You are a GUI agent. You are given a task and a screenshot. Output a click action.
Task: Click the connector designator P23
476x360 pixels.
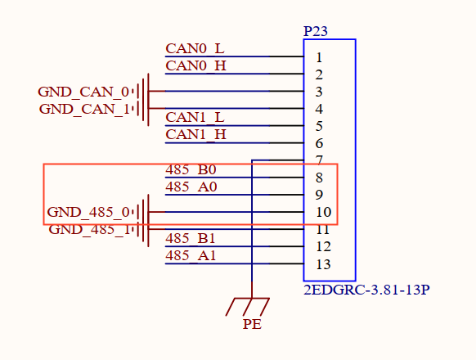[x=316, y=31]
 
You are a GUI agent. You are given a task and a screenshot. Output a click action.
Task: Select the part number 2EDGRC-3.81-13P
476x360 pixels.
[x=366, y=290]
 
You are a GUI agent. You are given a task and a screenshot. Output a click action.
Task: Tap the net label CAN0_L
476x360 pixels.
[x=195, y=48]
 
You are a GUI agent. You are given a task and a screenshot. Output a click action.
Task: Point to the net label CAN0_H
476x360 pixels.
[x=195, y=65]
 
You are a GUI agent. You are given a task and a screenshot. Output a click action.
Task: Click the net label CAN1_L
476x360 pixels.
[x=195, y=118]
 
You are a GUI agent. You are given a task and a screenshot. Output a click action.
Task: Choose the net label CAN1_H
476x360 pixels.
[x=195, y=134]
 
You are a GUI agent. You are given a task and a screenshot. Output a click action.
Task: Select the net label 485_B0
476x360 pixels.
[x=191, y=169]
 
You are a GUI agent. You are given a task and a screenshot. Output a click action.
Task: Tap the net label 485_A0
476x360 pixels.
[x=191, y=187]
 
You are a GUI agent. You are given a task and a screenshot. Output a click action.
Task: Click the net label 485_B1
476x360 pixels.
[x=191, y=238]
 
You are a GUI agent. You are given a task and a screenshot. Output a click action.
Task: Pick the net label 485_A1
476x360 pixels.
[x=191, y=255]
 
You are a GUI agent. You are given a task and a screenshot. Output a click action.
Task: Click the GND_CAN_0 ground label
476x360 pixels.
[x=83, y=92]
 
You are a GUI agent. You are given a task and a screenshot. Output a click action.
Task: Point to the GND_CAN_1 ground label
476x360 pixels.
[x=84, y=109]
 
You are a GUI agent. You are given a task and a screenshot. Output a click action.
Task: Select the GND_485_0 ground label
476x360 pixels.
[x=88, y=212]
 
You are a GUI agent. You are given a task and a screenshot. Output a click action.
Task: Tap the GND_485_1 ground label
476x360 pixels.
[x=89, y=229]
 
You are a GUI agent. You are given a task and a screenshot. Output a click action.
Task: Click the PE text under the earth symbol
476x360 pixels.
[x=252, y=324]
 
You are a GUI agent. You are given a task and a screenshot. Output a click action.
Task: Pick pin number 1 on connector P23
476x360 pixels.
[x=319, y=57]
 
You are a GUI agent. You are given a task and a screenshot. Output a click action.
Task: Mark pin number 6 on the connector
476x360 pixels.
[x=319, y=144]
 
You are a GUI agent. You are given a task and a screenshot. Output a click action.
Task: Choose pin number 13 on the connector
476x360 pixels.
[x=323, y=264]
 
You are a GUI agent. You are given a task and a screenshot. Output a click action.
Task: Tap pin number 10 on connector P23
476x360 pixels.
[x=323, y=213]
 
